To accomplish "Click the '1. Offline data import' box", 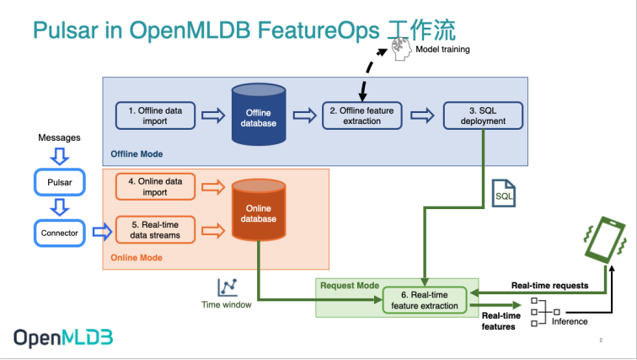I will [154, 116].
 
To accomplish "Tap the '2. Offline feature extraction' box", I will [362, 116].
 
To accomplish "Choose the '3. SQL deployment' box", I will [483, 116].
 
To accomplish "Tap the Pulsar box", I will [60, 182].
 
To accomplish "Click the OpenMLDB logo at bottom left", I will [63, 337].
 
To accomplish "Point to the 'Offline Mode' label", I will [136, 154].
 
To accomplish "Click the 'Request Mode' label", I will [349, 285].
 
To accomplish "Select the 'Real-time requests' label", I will [549, 286].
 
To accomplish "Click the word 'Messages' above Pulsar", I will [59, 136].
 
